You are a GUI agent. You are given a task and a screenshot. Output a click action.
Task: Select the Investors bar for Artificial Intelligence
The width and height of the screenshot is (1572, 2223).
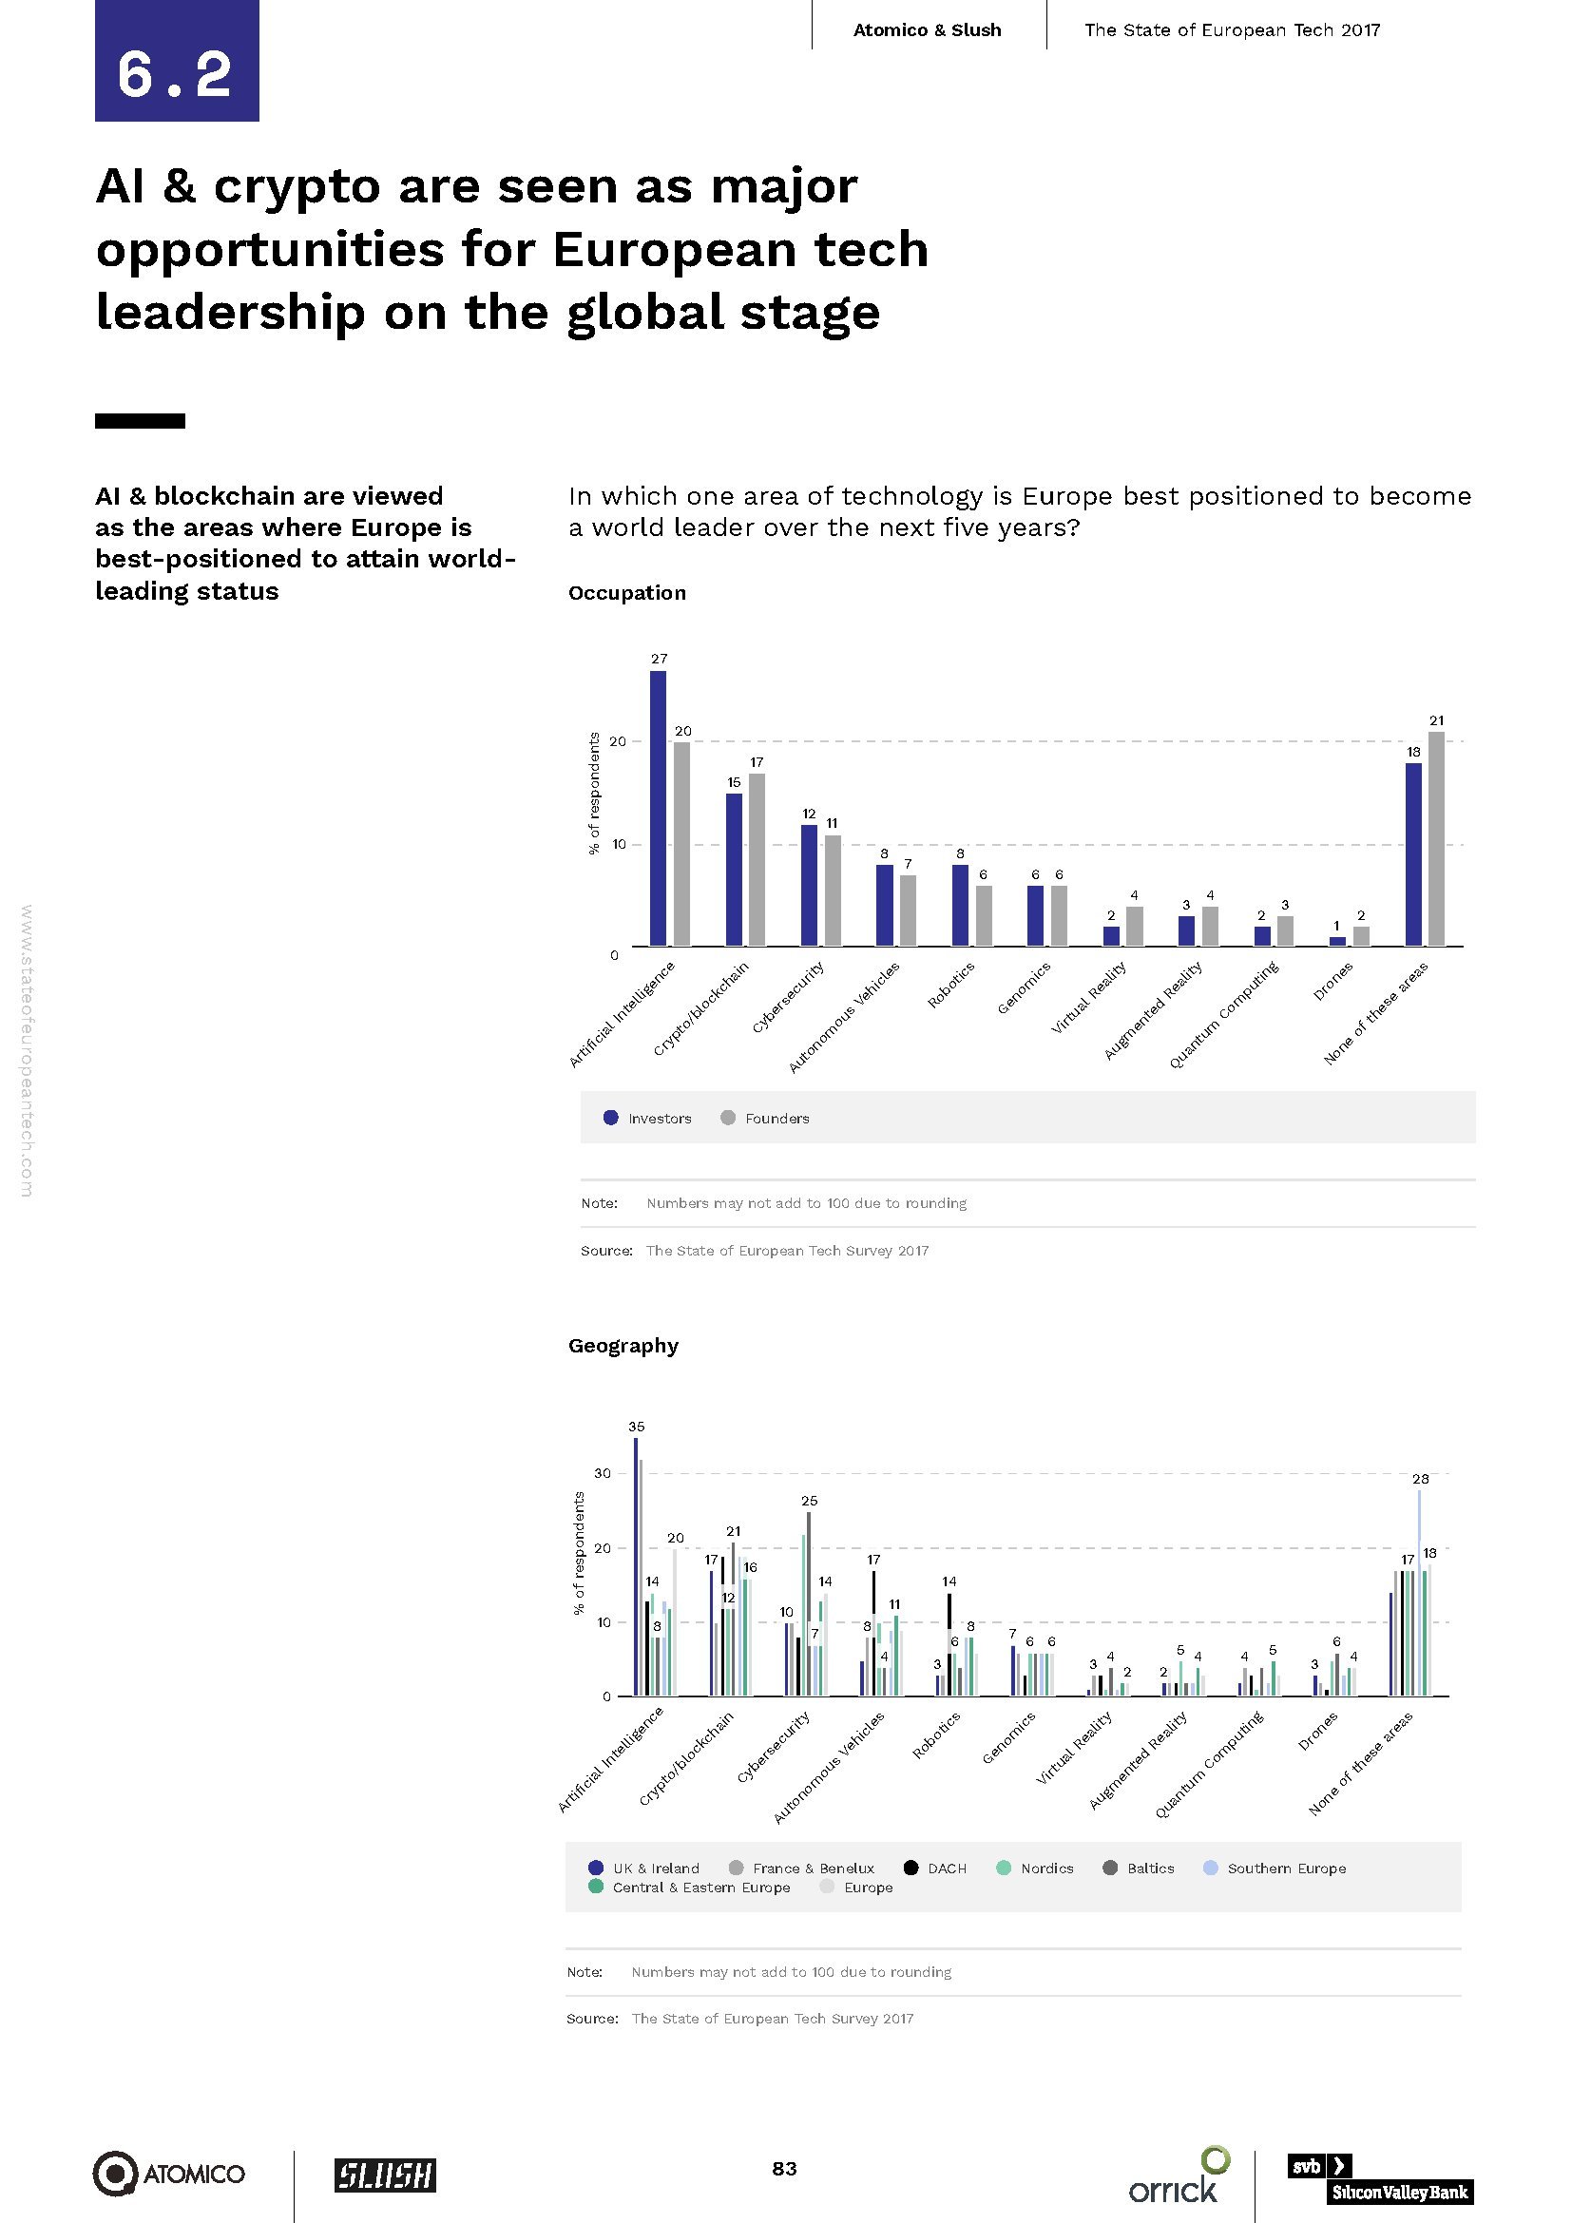[x=659, y=808]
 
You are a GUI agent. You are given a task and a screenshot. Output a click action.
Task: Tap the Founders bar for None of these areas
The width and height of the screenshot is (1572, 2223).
[x=1436, y=838]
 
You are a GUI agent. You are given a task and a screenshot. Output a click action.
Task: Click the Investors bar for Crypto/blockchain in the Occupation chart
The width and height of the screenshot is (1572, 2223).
[x=734, y=870]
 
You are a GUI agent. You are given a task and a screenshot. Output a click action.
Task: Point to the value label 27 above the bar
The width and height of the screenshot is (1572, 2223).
[x=660, y=659]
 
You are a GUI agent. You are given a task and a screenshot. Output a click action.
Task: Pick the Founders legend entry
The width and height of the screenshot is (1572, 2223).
[x=765, y=1119]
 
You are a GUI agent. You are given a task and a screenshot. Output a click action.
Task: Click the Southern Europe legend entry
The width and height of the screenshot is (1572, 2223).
[x=1275, y=1868]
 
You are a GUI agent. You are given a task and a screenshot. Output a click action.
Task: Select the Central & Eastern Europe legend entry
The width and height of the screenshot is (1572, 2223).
[x=689, y=1888]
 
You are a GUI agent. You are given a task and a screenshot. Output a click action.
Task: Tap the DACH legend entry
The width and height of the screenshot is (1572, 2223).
[x=935, y=1868]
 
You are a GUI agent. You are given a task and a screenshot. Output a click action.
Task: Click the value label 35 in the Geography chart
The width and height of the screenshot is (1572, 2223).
[x=636, y=1427]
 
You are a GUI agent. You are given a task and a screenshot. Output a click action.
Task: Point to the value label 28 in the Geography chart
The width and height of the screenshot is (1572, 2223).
[x=1420, y=1479]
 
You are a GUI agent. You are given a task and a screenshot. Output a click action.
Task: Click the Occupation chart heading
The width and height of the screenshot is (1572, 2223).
[x=626, y=592]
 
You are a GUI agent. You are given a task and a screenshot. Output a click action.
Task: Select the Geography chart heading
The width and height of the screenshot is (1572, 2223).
[x=623, y=1345]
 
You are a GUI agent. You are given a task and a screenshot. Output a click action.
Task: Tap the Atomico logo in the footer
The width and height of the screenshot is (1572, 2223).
[x=168, y=2174]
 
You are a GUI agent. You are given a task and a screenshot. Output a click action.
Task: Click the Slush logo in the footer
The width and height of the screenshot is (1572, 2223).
[x=385, y=2175]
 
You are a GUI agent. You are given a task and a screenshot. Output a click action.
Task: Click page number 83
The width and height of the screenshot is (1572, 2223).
[x=784, y=2169]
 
